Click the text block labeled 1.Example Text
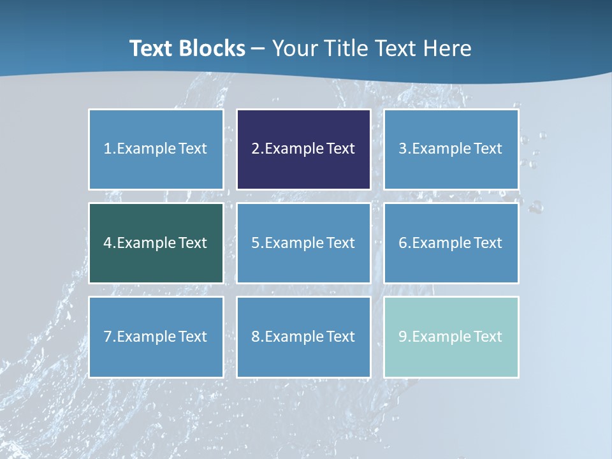tap(156, 149)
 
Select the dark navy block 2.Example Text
tap(303, 149)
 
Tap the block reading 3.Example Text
tap(451, 149)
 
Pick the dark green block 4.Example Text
tap(156, 243)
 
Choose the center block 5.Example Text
tap(303, 243)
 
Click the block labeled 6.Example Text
tap(451, 243)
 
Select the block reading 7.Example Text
tap(156, 337)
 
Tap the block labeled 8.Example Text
tap(303, 337)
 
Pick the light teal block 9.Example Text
tap(451, 337)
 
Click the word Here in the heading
tap(449, 48)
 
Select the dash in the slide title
tap(258, 49)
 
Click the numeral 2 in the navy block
tap(256, 149)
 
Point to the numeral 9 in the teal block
tap(403, 337)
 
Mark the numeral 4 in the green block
tap(108, 243)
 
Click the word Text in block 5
tap(340, 243)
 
